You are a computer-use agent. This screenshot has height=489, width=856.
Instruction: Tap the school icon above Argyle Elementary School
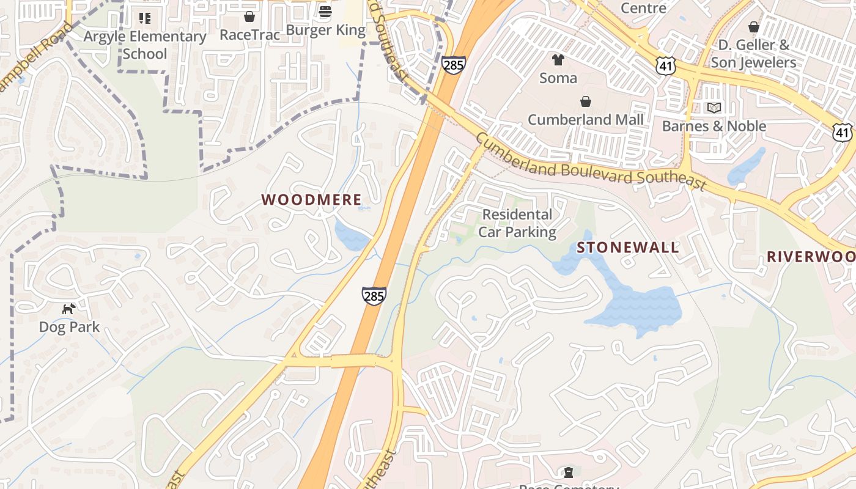(145, 18)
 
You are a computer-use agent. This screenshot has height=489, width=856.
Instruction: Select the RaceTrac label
(249, 35)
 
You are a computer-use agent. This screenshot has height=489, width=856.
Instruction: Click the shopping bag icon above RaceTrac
(249, 16)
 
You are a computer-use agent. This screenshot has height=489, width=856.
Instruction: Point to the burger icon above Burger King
(325, 12)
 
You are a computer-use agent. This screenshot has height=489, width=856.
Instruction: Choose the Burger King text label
(325, 30)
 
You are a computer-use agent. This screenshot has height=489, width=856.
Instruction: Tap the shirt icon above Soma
(558, 59)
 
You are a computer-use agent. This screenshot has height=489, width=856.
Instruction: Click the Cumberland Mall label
(586, 119)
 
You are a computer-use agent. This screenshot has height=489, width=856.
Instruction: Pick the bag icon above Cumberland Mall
(586, 101)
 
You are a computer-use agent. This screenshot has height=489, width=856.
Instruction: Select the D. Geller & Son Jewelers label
(757, 54)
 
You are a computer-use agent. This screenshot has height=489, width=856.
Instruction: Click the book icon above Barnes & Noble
(714, 108)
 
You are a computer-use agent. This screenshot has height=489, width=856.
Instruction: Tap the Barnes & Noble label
(714, 126)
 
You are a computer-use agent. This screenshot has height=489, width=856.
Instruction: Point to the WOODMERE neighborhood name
(311, 199)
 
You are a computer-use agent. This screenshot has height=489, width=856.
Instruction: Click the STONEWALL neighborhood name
(628, 247)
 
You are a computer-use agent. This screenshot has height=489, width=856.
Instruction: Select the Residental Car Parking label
(517, 223)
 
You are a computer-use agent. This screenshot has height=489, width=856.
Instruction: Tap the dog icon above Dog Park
(69, 309)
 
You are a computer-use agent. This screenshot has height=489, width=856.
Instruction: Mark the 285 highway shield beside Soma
(454, 65)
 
